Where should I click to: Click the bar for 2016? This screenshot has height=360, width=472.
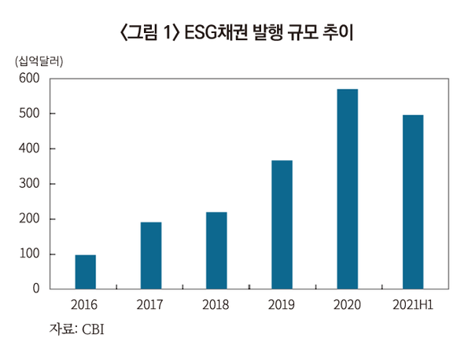[x=86, y=271]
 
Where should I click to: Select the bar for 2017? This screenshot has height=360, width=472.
[x=151, y=255]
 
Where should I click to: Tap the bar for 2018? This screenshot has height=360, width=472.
[x=216, y=250]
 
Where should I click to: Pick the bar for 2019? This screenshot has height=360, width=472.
[x=282, y=225]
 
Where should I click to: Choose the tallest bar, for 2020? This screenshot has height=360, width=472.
[x=347, y=189]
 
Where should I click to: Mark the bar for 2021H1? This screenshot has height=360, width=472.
[x=412, y=202]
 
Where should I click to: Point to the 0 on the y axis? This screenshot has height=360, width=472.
[x=35, y=289]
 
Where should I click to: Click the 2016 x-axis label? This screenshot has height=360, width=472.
[x=85, y=304]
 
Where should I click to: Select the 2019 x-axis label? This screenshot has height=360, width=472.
[x=282, y=304]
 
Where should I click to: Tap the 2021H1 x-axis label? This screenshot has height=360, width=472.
[x=412, y=304]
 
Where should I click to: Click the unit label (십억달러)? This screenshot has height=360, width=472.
[x=39, y=61]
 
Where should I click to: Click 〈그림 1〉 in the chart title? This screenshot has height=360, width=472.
[x=149, y=32]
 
